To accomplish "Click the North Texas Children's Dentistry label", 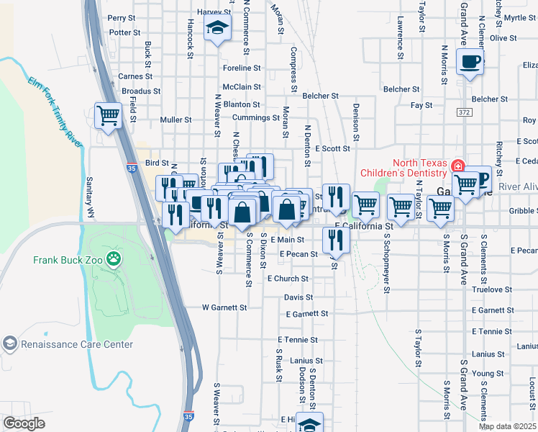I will (x=421, y=167).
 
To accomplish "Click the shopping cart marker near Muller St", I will (x=108, y=115).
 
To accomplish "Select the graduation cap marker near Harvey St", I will (x=216, y=29).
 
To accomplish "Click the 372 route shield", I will (x=463, y=112).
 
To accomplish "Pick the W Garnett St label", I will (x=224, y=307).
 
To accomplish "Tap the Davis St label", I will (x=298, y=297).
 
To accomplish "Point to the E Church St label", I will (x=288, y=279).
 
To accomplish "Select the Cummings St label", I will (x=256, y=117).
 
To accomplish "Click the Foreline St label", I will (x=242, y=68).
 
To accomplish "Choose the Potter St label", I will (x=125, y=32).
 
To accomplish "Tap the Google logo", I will (x=24, y=423).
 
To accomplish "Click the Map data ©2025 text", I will (x=506, y=427).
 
